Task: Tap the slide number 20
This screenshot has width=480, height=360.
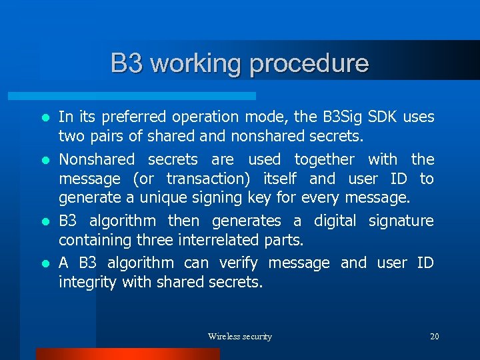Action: click(434, 337)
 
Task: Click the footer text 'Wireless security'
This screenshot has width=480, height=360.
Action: click(240, 337)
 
